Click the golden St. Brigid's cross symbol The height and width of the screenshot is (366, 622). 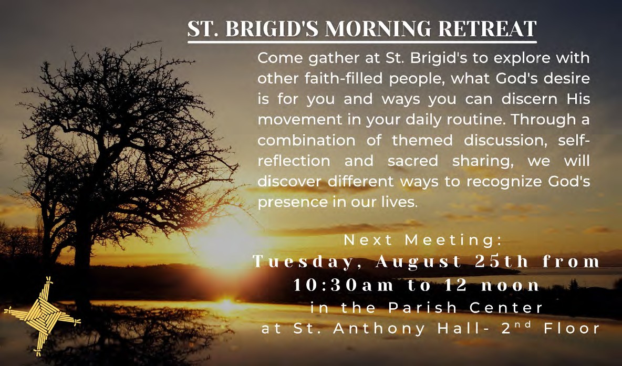point(42,316)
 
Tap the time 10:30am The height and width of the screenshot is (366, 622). point(344,286)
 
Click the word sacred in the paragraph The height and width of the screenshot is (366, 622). point(413,161)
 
